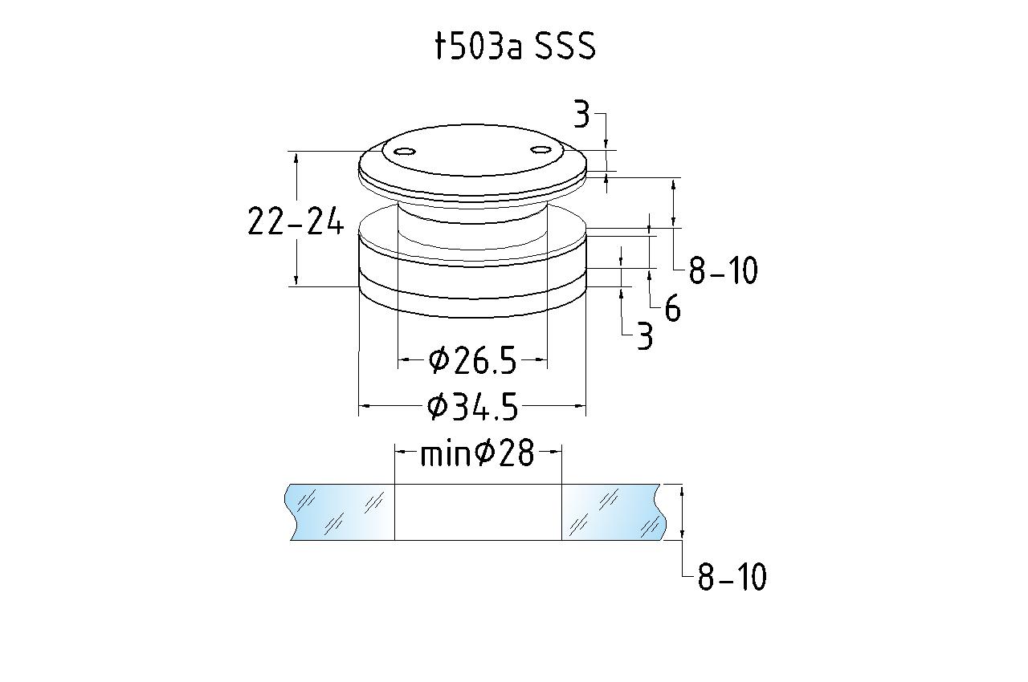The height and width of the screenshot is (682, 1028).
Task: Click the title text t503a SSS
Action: point(515,46)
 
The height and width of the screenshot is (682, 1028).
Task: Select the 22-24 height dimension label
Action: point(296,221)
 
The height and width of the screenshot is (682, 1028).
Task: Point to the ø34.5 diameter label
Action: point(472,406)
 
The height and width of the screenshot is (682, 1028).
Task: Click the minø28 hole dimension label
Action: point(477,453)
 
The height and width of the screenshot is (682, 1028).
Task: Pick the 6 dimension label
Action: point(672,308)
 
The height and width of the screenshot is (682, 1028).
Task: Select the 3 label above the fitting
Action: point(581,114)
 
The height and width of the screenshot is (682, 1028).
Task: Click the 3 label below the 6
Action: point(645,336)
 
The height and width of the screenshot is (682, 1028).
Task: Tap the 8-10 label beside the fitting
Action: point(723,270)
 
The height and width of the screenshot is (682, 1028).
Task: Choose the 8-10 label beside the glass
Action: point(732,576)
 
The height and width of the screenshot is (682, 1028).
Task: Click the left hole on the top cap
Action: point(406,152)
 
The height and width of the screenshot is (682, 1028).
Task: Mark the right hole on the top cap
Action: point(541,150)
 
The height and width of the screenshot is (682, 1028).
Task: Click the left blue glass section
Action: point(340,512)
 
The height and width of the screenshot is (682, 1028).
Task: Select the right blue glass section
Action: point(614,512)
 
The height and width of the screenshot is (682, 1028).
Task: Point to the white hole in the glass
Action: point(478,512)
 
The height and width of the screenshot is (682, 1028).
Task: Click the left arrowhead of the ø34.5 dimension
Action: point(365,406)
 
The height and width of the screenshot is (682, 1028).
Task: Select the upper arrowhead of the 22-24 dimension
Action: point(296,159)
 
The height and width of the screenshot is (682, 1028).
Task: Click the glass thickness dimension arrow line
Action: point(682,512)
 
